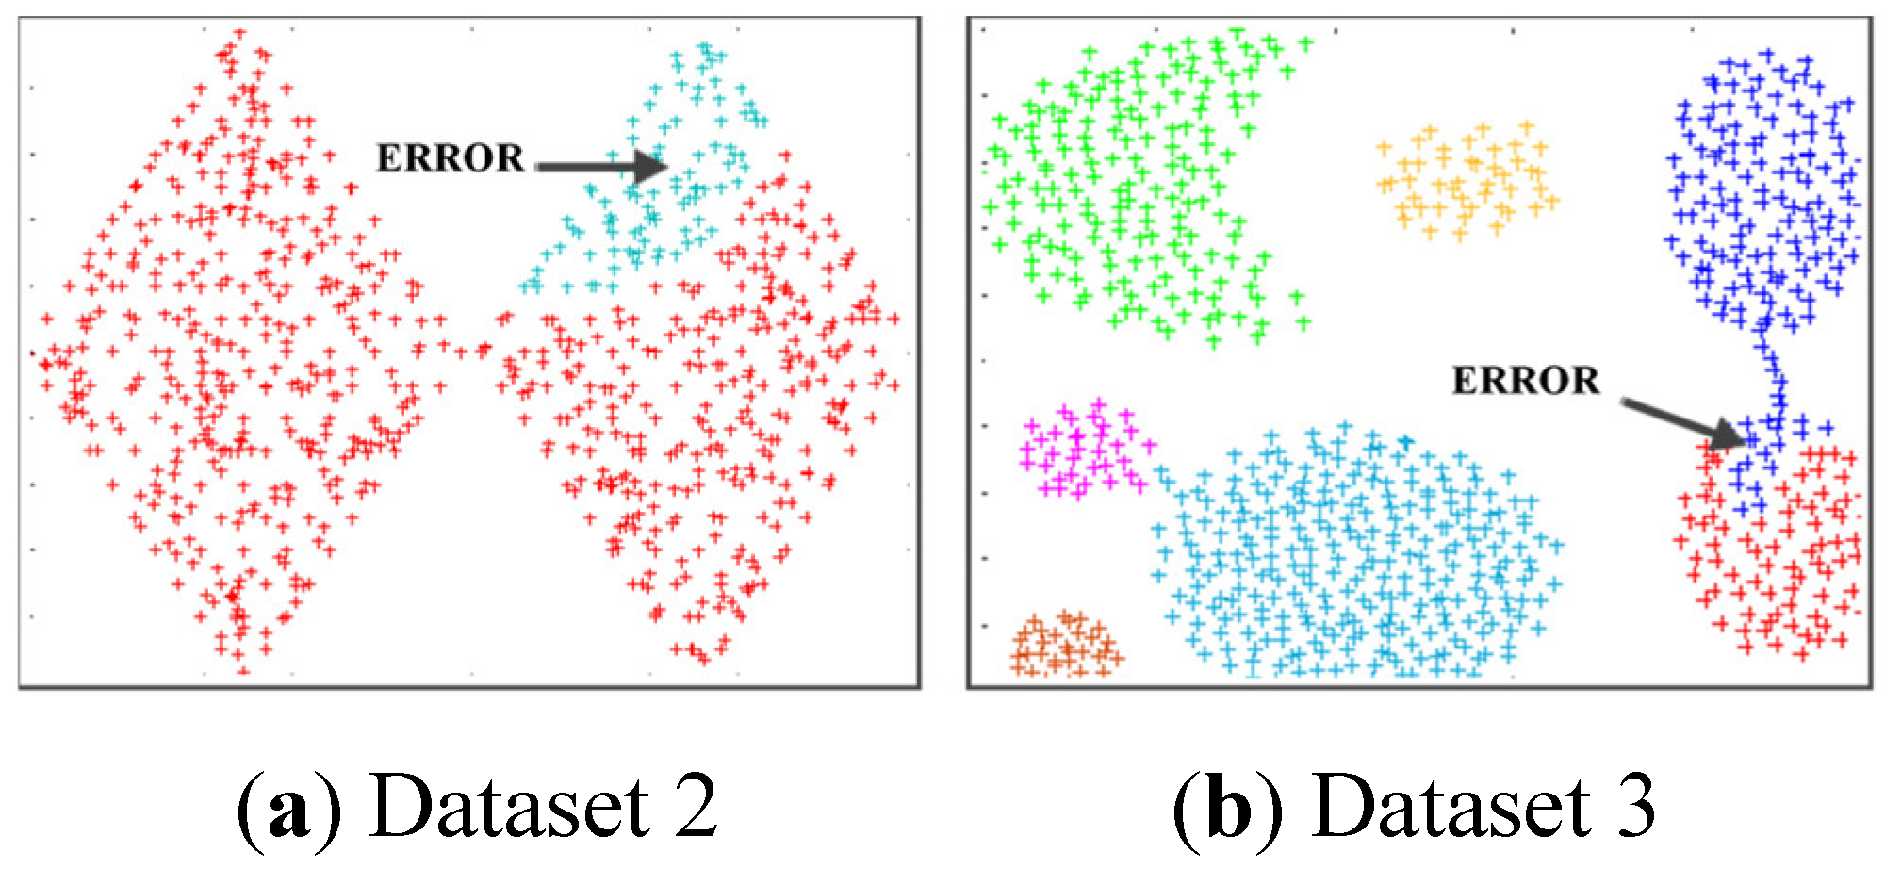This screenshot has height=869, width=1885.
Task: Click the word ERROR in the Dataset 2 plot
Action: click(x=450, y=158)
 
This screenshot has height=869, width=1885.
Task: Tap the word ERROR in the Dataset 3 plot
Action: click(x=1525, y=381)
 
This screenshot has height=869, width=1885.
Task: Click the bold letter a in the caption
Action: click(x=288, y=809)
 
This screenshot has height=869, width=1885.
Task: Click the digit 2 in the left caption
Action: click(x=689, y=807)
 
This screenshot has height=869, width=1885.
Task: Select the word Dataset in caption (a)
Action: click(x=509, y=807)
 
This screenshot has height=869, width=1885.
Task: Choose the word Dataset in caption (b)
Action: click(x=1450, y=807)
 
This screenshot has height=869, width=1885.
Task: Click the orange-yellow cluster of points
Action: click(x=1466, y=181)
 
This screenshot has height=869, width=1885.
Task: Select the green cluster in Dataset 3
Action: click(x=1131, y=189)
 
